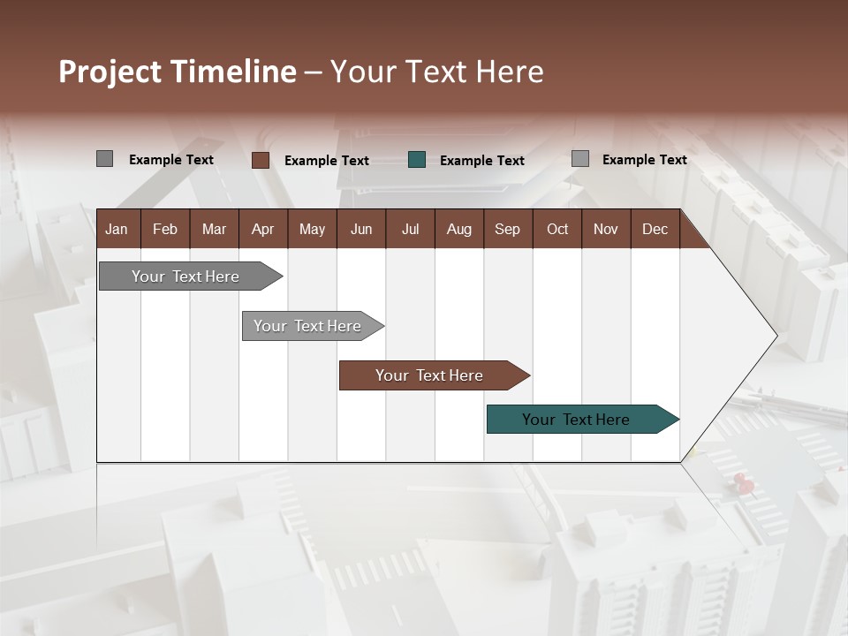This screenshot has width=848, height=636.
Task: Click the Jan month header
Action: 117,229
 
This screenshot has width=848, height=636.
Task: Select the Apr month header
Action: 262,229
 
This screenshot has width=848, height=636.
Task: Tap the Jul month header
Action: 410,229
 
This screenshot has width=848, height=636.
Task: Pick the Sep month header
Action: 507,229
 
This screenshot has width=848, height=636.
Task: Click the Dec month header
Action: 655,229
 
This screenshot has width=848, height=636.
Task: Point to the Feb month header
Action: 165,229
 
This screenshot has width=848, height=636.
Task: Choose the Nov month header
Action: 605,229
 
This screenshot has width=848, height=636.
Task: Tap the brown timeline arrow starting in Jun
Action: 430,375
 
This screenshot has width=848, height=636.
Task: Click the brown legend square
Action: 261,160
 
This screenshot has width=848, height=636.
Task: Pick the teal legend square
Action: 417,160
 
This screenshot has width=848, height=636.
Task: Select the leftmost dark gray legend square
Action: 104,159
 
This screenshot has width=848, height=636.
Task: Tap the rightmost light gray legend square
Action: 580,159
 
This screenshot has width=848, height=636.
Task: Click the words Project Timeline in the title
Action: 177,72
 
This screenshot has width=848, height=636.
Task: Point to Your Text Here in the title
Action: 436,72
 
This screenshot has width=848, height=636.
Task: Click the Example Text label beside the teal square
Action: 481,161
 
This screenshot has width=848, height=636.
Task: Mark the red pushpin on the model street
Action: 742,481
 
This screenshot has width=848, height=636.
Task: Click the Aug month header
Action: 458,229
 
